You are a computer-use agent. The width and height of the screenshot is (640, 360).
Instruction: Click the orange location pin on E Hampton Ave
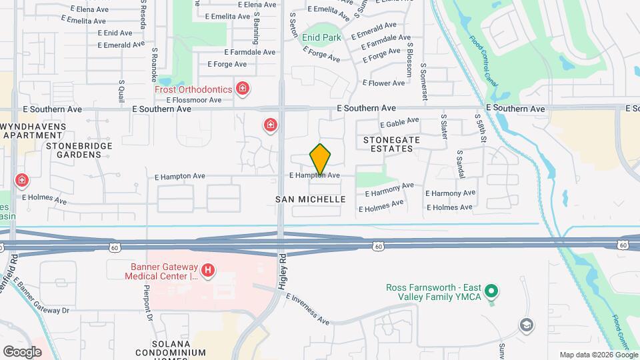(320, 159)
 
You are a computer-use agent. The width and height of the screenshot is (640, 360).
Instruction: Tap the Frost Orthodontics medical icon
(243, 89)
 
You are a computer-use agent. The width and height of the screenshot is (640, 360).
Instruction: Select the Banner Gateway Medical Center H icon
(208, 269)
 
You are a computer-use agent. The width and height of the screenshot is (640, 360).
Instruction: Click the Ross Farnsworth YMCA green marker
(491, 291)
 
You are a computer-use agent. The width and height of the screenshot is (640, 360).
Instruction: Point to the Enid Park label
(321, 37)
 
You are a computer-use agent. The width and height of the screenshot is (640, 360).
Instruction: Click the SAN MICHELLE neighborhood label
(311, 199)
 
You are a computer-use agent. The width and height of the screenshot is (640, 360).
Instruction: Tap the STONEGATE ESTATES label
(388, 144)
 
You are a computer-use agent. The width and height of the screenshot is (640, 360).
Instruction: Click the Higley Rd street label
(283, 267)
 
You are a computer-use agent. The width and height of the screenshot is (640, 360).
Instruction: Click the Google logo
(22, 351)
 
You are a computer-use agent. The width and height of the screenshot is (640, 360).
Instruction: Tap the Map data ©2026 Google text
(598, 355)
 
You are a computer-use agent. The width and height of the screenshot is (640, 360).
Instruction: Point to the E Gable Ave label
(399, 123)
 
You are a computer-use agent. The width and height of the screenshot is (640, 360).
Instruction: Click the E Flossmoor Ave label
(193, 100)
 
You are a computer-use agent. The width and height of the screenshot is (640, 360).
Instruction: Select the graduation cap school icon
(527, 325)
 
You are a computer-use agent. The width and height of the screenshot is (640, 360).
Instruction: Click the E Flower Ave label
(383, 83)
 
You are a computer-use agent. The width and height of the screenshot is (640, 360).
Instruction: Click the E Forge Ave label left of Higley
(227, 65)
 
